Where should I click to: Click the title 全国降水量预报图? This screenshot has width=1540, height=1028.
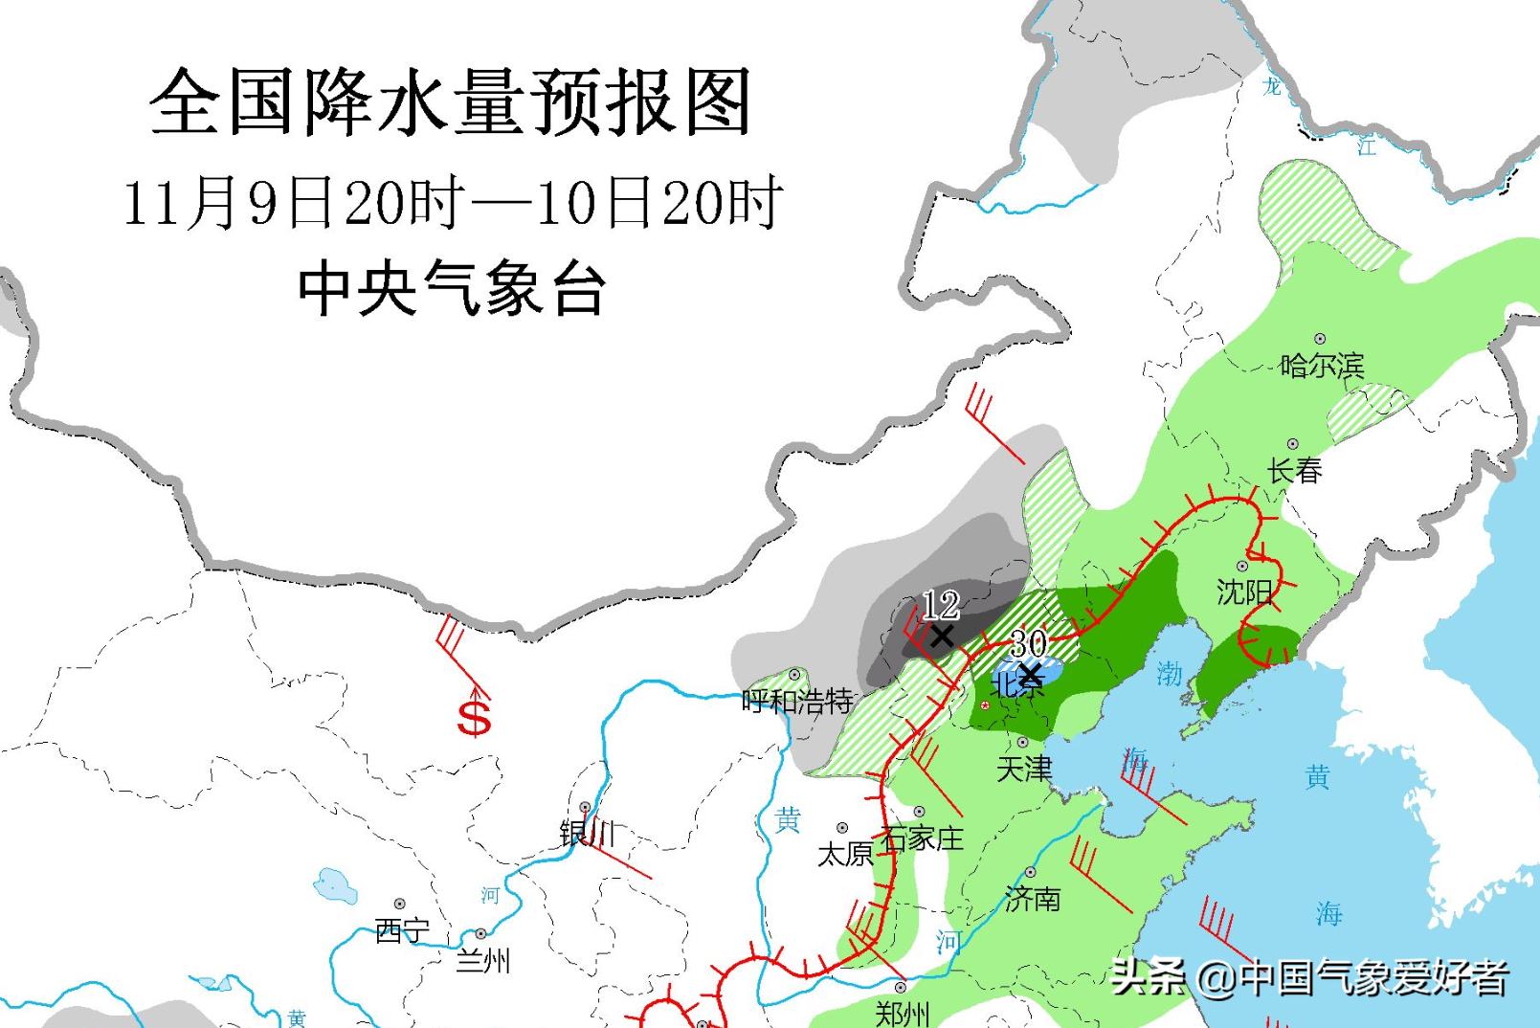coord(450,102)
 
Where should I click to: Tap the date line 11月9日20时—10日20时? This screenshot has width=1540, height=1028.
coord(453,202)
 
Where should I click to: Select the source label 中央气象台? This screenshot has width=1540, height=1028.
coord(452,288)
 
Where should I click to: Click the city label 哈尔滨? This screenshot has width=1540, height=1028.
coord(1322,366)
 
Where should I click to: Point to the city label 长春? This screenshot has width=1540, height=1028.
coord(1295,470)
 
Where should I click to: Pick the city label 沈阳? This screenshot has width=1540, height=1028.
coord(1244,592)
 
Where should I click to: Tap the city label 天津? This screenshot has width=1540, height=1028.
coord(1024,769)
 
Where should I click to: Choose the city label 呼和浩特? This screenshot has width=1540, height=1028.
coord(797,702)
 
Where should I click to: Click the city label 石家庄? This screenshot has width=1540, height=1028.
coord(922,838)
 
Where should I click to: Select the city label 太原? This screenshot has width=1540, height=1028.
coord(844,853)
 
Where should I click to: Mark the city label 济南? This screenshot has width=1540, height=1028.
coord(1033,898)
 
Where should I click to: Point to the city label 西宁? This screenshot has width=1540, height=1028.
coord(402,930)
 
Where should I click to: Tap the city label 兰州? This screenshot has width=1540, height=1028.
coord(483,959)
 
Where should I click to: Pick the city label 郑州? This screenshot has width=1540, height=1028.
coord(902,1013)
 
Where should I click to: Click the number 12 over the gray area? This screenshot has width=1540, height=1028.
coord(941,605)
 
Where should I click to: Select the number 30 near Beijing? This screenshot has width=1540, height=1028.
coord(1029,642)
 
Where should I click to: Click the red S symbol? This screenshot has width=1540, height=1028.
coord(474,718)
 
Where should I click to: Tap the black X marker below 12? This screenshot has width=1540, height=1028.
coord(942,636)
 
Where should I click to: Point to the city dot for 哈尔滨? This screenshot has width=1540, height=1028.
coord(1320,339)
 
